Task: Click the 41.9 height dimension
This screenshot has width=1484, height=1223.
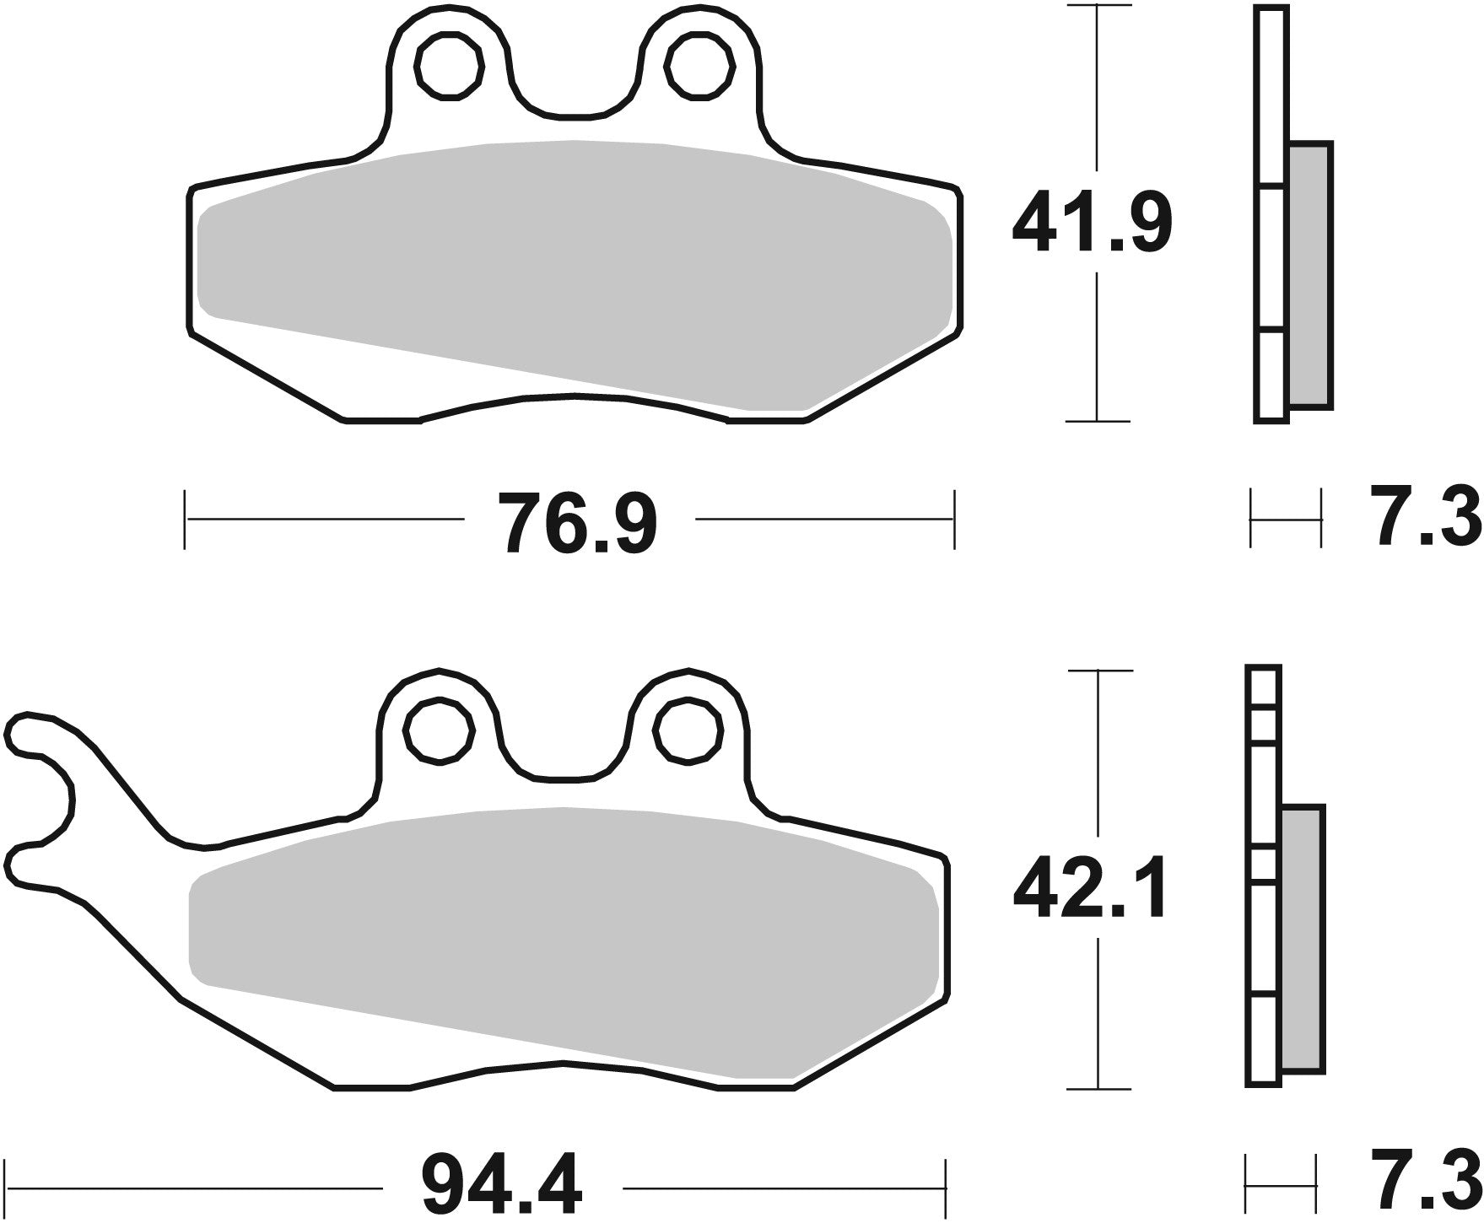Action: pyautogui.click(x=1092, y=223)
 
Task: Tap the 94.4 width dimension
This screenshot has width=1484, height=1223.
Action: pyautogui.click(x=501, y=1186)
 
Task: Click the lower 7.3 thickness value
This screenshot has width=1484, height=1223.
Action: pyautogui.click(x=1427, y=1186)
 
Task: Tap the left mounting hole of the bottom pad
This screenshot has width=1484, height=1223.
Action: pyautogui.click(x=438, y=729)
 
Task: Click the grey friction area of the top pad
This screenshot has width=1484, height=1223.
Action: pyautogui.click(x=574, y=270)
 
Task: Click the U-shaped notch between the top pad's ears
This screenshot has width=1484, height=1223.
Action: pyautogui.click(x=574, y=93)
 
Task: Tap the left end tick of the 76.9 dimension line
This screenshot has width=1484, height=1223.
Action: pyautogui.click(x=185, y=520)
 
